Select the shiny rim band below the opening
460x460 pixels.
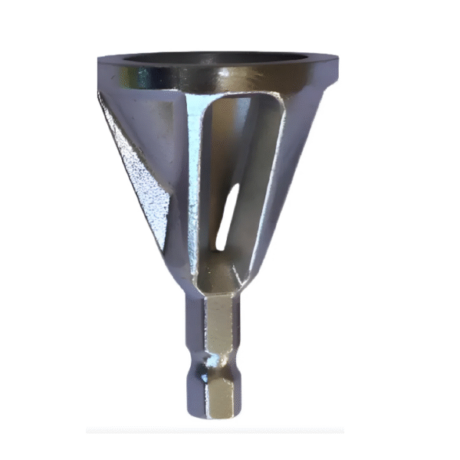pos(153,77)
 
